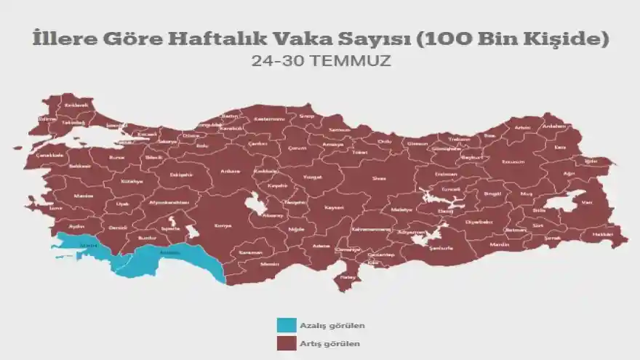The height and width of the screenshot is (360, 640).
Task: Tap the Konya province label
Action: [x=223, y=226]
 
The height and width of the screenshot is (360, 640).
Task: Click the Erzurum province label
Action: [x=513, y=161]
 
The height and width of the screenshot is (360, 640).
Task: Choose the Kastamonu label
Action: [x=268, y=119]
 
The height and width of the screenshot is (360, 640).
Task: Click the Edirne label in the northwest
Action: [x=47, y=118]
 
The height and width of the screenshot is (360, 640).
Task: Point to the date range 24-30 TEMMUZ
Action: [x=321, y=61]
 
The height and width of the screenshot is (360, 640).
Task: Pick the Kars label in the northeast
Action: [x=560, y=147]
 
